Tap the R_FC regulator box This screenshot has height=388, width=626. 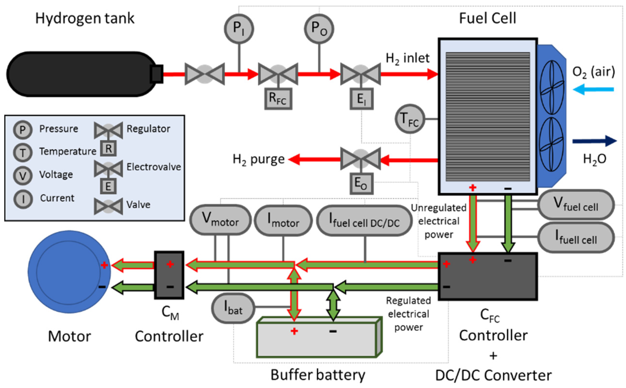point(278,99)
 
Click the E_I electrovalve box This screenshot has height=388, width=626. point(361,99)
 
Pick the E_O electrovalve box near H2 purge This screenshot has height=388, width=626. point(361,184)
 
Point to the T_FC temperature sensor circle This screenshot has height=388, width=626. point(410,119)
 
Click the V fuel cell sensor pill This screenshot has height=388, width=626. point(576,204)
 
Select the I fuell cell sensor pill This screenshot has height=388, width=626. point(576,237)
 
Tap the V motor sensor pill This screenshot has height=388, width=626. point(221,220)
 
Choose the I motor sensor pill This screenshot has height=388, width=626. point(283,220)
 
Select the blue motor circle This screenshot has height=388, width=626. point(69,272)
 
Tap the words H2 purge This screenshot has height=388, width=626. point(258,160)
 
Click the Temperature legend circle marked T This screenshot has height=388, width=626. point(23,153)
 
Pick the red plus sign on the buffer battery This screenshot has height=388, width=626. point(294,331)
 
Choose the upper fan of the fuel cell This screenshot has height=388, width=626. point(551,87)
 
